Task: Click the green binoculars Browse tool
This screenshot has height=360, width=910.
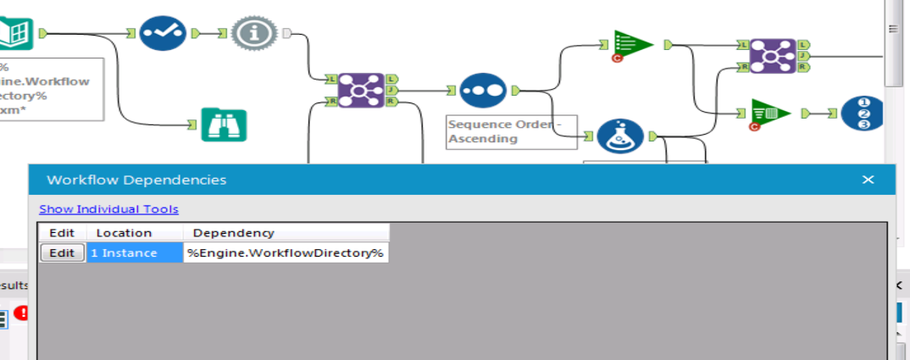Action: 224,125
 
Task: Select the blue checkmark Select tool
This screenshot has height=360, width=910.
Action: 162,33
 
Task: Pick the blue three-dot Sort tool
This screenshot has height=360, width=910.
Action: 483,89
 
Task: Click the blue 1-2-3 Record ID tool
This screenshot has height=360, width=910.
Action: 862,113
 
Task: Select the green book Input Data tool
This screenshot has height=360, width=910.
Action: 17,32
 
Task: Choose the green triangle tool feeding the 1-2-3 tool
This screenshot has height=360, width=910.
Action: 770,113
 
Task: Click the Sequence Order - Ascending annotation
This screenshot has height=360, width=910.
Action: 510,131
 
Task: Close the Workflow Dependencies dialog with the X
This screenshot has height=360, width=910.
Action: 868,180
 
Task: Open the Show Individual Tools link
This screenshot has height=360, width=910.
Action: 108,209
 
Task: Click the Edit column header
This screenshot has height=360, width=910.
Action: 62,232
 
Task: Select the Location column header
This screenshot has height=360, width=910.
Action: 124,232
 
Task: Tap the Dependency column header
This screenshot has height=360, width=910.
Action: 233,232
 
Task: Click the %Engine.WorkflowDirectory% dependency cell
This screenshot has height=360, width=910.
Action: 286,252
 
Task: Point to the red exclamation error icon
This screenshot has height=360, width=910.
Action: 21,313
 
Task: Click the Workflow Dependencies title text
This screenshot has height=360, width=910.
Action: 136,180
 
